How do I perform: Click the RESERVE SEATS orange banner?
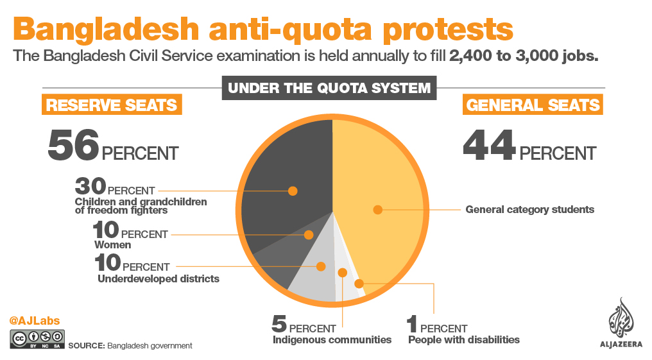click(112, 105)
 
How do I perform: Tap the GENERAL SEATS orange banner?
click(533, 105)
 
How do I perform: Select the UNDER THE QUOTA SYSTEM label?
click(329, 88)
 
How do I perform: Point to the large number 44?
click(489, 147)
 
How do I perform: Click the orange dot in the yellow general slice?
click(378, 209)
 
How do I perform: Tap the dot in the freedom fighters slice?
click(293, 191)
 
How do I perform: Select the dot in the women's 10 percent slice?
click(309, 235)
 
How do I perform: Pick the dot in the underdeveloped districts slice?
click(322, 266)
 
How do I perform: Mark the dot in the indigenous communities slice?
click(342, 273)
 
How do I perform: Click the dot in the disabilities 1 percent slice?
click(359, 283)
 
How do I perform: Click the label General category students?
click(529, 209)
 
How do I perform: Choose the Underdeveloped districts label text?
click(159, 279)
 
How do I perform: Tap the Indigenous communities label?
click(332, 339)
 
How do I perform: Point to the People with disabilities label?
click(463, 339)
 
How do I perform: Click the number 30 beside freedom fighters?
click(90, 187)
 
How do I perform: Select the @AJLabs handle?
click(35, 320)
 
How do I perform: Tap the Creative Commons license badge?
click(37, 339)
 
